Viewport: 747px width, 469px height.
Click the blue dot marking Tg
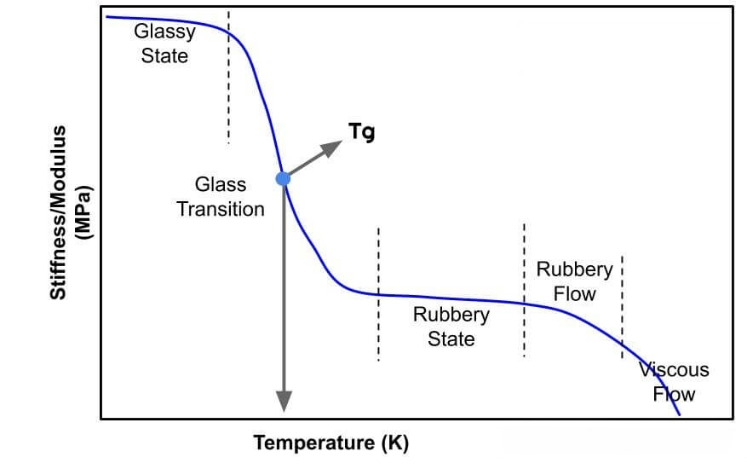click(x=283, y=178)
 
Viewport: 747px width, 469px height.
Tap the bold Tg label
click(x=361, y=132)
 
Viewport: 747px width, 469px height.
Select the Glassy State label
click(x=164, y=43)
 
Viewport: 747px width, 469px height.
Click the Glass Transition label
click(x=221, y=197)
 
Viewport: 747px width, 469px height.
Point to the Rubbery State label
click(x=451, y=327)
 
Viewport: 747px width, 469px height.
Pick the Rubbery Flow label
click(x=574, y=281)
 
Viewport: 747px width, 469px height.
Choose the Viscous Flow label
click(x=674, y=381)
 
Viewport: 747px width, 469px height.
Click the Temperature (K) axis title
click(x=330, y=443)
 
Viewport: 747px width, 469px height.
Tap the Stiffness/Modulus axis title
click(x=59, y=213)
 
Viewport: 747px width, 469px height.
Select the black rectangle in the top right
click(x=620, y=47)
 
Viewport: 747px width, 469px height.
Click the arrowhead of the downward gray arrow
click(x=284, y=401)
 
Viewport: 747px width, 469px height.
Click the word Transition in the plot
click(x=221, y=209)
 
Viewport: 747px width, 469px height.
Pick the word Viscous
click(x=674, y=369)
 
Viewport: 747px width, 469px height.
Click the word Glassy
click(x=164, y=32)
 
